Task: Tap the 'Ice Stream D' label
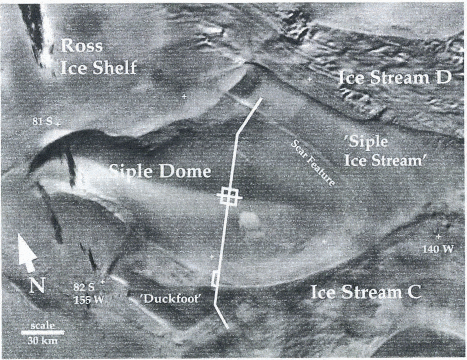tap(395, 78)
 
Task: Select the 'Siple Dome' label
tap(160, 171)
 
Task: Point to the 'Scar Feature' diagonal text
tap(313, 162)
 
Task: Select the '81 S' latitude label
tap(42, 121)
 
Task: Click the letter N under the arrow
tap(37, 286)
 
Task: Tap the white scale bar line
tap(43, 332)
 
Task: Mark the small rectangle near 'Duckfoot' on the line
tap(215, 278)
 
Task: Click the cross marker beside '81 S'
tap(58, 124)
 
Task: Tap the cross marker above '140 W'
tap(438, 237)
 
